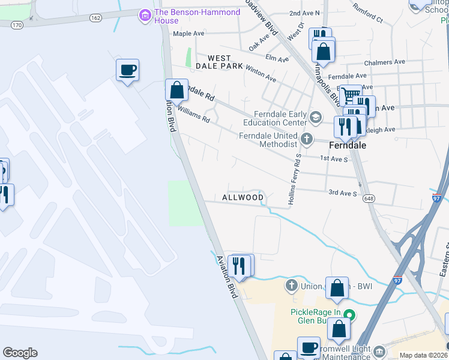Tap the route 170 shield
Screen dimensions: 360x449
(x=17, y=25)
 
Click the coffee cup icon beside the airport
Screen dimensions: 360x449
(x=127, y=71)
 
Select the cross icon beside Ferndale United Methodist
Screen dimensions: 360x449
(x=307, y=140)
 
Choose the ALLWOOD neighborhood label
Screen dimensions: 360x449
(x=243, y=197)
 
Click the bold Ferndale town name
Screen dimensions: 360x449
(x=348, y=145)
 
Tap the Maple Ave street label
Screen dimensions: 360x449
(x=190, y=34)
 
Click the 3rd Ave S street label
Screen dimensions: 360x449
(x=342, y=193)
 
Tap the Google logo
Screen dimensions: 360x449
(x=20, y=353)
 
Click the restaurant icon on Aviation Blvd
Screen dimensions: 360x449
(x=240, y=266)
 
